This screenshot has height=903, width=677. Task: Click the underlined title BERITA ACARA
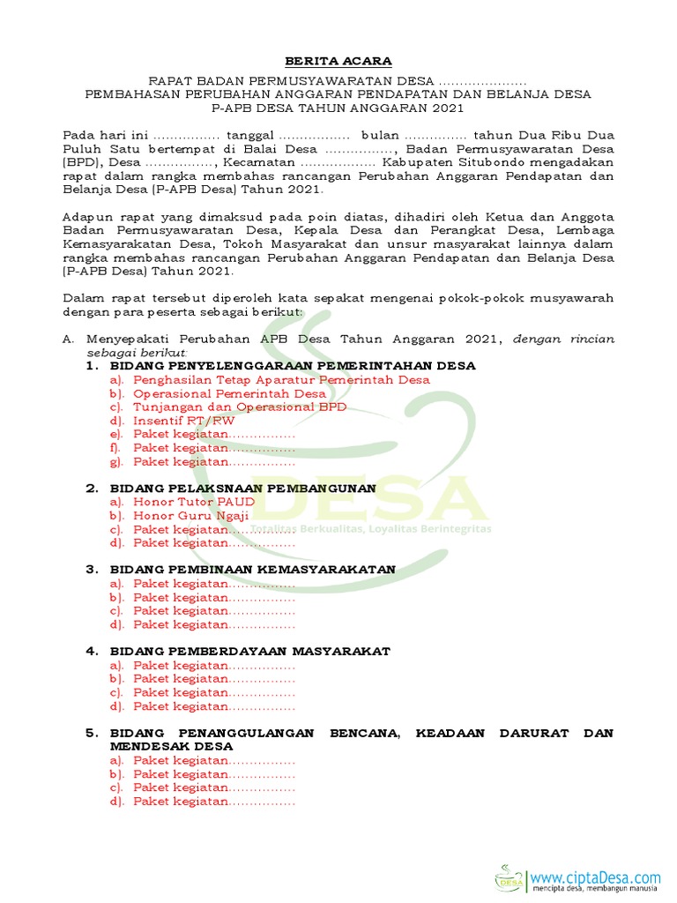(338, 61)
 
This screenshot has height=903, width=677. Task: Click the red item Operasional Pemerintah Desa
(229, 393)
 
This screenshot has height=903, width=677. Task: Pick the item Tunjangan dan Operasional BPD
(240, 407)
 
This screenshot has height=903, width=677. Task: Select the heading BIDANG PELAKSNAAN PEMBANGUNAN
(242, 488)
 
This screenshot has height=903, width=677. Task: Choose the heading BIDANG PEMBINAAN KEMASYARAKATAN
(252, 570)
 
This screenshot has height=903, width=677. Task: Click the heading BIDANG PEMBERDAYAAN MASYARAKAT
(249, 651)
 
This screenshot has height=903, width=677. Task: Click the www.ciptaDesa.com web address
(596, 877)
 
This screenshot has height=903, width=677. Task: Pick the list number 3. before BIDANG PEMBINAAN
(91, 570)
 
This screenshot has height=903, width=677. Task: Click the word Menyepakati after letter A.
(125, 339)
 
